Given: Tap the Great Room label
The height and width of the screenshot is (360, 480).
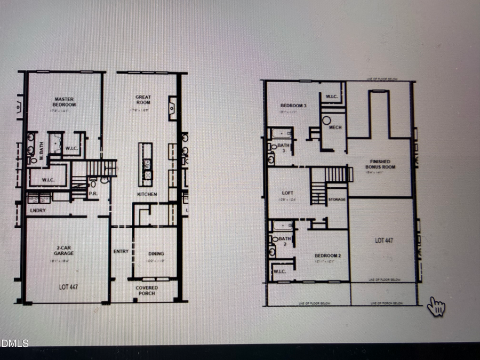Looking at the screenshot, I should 143,100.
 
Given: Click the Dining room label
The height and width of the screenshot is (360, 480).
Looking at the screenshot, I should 156,254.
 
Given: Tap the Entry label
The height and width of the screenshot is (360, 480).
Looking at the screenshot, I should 121,252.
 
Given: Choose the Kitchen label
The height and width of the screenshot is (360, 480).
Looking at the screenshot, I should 147,195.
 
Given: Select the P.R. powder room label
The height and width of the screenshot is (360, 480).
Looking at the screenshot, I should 92,194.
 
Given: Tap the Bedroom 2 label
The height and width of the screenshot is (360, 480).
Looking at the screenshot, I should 320,255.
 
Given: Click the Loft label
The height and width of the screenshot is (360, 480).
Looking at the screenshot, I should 287,193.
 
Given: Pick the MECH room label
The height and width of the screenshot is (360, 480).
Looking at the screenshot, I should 335,128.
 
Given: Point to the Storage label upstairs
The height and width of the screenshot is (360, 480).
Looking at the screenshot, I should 337,199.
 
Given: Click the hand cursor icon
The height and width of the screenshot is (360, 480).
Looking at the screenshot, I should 436,306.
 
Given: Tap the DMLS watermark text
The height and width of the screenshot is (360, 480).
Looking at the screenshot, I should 14,343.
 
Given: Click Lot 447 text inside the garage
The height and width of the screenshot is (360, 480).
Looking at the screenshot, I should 68,287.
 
